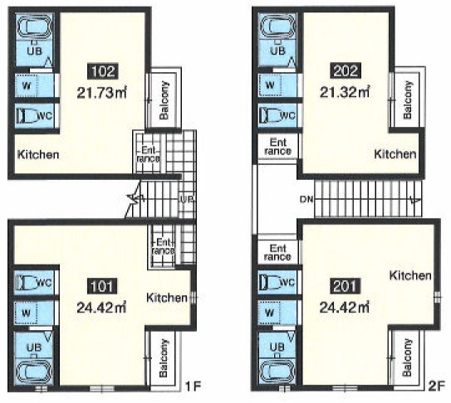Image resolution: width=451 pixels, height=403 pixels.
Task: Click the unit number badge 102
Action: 103,71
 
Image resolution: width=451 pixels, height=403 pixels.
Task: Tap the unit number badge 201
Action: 345,286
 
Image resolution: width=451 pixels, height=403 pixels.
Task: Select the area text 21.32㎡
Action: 345,93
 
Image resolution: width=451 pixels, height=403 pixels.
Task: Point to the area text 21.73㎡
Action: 102,93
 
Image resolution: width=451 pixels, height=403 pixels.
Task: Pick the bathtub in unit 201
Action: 277,372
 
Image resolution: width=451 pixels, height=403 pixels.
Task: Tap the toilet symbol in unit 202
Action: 269,115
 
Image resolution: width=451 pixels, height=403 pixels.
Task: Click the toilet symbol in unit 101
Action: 27,283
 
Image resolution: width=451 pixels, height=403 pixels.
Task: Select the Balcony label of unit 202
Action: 407,100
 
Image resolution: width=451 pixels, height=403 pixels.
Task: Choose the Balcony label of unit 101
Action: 164,358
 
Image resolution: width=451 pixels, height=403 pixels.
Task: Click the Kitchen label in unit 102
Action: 38,154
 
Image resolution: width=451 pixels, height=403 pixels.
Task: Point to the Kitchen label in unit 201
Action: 410,275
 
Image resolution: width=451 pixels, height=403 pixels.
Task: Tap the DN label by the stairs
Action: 306,199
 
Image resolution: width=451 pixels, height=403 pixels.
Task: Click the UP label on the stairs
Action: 187,199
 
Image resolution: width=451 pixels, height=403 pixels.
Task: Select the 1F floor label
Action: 193,386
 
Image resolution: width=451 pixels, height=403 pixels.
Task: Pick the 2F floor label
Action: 437,386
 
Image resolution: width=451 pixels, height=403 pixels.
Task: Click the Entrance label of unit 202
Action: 278,147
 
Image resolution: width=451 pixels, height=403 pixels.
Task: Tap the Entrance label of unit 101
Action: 163,246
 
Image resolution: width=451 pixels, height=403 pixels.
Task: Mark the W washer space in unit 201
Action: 269,313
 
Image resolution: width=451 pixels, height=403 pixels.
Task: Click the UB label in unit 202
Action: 278,51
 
